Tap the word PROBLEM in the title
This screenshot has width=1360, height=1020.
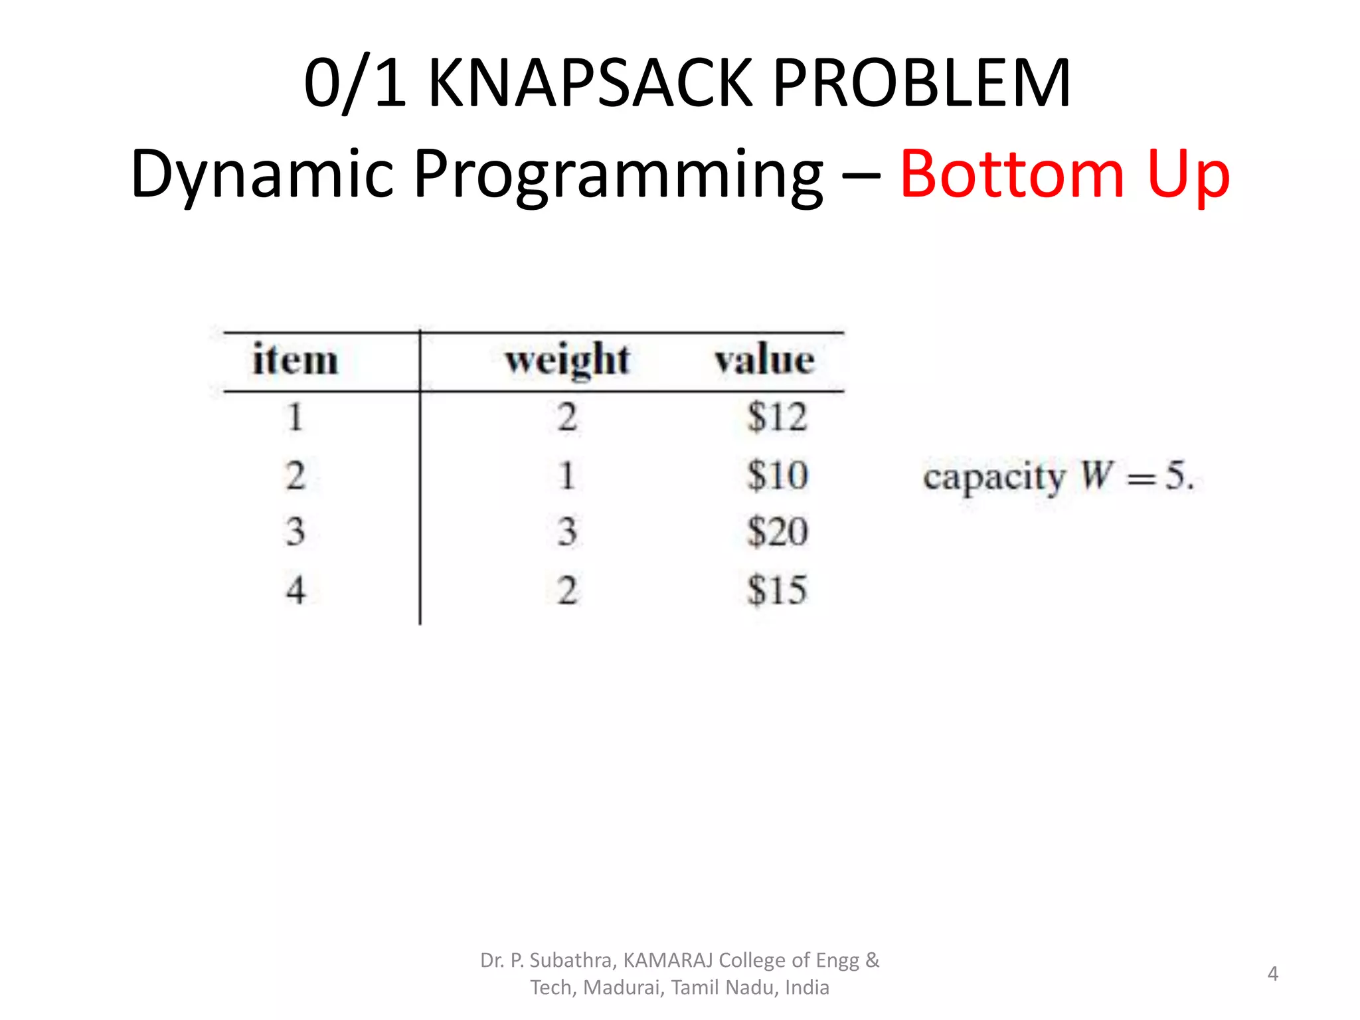(921, 83)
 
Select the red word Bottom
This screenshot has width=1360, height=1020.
(1011, 174)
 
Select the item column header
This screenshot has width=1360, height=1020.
(296, 361)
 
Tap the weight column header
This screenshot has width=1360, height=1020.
(567, 361)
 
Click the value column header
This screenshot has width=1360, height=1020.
(764, 361)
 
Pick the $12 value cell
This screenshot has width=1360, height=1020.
(777, 418)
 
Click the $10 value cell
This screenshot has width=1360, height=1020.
(777, 475)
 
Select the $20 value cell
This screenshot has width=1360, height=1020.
(777, 532)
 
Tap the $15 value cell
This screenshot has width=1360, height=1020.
(777, 590)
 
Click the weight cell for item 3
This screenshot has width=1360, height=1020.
(566, 532)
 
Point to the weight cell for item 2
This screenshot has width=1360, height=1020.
(566, 475)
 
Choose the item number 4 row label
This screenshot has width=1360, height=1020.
(296, 590)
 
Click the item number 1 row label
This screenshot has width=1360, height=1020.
(296, 418)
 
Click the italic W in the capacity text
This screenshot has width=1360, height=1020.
(1096, 475)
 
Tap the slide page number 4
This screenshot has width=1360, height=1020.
(1272, 974)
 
